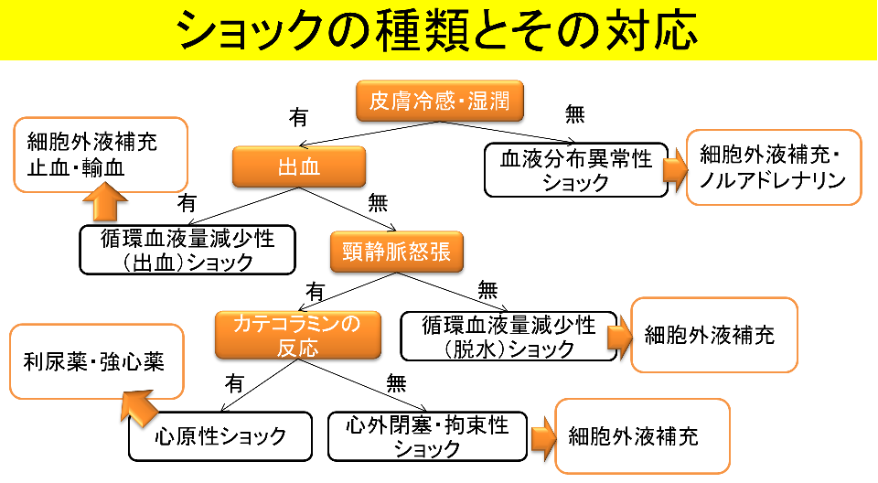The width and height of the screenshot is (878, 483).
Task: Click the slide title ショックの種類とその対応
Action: tap(438, 30)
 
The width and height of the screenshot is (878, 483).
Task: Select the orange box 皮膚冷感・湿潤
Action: tap(440, 101)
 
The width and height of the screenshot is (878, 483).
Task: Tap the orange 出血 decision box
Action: tap(299, 166)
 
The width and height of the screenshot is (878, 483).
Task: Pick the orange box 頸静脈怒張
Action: tap(397, 252)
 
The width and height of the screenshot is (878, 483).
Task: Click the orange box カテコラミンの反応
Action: tap(297, 335)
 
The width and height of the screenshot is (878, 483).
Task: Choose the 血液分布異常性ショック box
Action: tap(574, 170)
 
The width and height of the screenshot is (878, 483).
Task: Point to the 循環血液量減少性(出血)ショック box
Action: tap(187, 250)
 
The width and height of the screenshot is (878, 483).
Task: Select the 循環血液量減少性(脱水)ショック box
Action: tap(509, 336)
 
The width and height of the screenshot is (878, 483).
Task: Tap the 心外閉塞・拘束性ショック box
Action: tap(428, 436)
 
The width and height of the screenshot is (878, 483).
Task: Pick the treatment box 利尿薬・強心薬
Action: tap(92, 361)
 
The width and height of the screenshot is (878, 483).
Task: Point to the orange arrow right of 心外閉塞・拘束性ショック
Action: tap(541, 436)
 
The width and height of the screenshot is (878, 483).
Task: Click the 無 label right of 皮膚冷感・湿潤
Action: tap(575, 114)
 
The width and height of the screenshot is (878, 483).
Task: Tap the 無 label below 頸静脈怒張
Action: tap(487, 291)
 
